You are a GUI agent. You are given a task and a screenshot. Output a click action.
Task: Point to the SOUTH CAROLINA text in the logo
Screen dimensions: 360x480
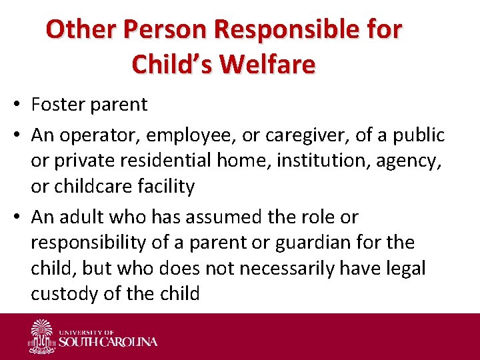(x=109, y=342)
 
